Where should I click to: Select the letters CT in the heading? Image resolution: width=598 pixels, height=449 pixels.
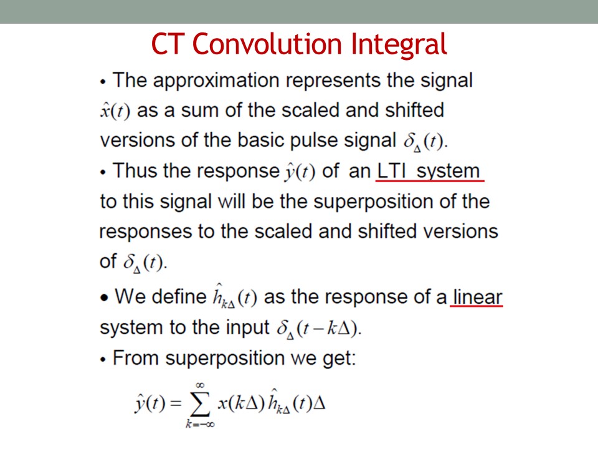pos(168,44)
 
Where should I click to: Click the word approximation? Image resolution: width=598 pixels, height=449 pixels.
pos(216,81)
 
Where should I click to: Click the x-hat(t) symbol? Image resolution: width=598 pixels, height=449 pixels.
pos(115,111)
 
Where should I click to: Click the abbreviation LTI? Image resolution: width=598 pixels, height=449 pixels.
pos(392,171)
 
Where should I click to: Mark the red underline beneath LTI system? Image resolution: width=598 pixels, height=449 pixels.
pos(430,180)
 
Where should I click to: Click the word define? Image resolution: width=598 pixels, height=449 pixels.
pos(179,297)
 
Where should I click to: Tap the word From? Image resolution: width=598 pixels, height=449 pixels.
pos(135,358)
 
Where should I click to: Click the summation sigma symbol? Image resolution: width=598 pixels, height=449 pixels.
pos(200,404)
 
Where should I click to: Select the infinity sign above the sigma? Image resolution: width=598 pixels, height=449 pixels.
pos(200,385)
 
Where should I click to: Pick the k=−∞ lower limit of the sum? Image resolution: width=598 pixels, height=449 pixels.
pos(200,424)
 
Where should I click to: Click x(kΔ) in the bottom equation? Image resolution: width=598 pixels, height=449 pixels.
pos(241,403)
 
